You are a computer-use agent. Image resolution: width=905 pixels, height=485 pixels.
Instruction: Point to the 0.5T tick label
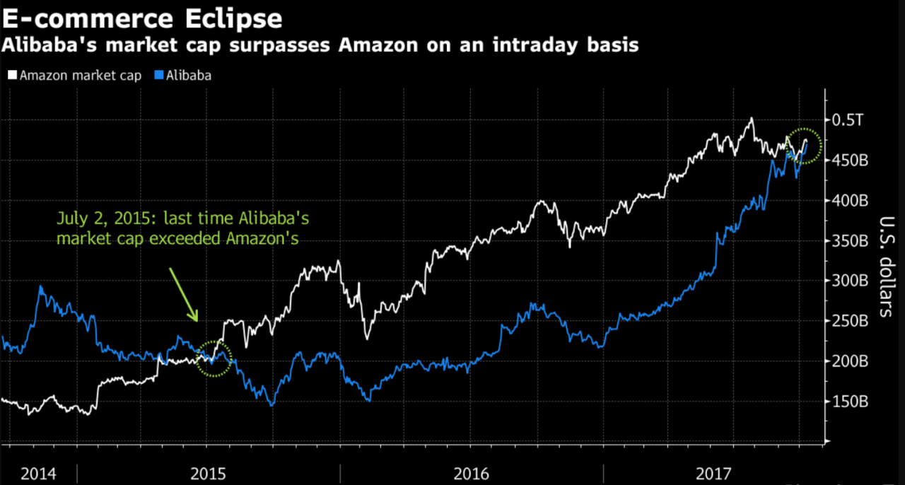point(847,120)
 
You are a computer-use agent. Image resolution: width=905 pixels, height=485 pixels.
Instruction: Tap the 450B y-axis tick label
point(851,160)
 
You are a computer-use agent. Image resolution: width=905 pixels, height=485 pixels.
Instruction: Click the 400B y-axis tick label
point(851,201)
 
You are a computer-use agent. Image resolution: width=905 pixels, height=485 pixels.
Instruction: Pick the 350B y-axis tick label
point(851,241)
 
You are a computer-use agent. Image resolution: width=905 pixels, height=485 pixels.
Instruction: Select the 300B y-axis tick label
point(851,281)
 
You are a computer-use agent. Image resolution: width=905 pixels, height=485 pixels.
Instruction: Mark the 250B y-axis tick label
point(851,322)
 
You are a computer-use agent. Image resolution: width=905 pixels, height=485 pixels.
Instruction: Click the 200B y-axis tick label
point(851,362)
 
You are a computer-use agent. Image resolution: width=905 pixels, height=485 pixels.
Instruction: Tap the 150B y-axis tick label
point(851,402)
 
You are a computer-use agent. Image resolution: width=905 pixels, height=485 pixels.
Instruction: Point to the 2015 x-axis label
point(208,472)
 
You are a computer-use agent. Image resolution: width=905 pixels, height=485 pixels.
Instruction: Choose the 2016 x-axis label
point(472,472)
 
